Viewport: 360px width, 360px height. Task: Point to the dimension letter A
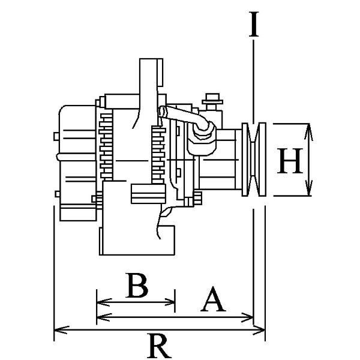[212, 301]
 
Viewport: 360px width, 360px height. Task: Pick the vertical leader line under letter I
[254, 78]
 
